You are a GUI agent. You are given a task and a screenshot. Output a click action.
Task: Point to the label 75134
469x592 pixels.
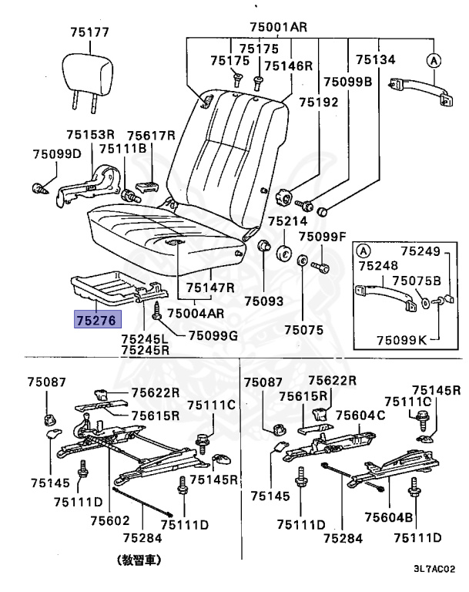pyautogui.click(x=375, y=59)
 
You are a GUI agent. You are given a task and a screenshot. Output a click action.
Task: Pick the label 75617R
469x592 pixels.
pyautogui.click(x=152, y=135)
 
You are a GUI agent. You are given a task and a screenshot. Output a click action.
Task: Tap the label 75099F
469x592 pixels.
pyautogui.click(x=323, y=237)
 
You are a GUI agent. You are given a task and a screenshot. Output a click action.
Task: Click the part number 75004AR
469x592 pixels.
pyautogui.click(x=196, y=314)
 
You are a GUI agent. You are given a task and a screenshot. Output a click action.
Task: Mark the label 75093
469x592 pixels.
pyautogui.click(x=264, y=302)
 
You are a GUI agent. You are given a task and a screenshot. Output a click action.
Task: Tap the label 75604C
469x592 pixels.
pyautogui.click(x=364, y=415)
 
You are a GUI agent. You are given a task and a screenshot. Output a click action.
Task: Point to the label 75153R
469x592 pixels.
pyautogui.click(x=90, y=133)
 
